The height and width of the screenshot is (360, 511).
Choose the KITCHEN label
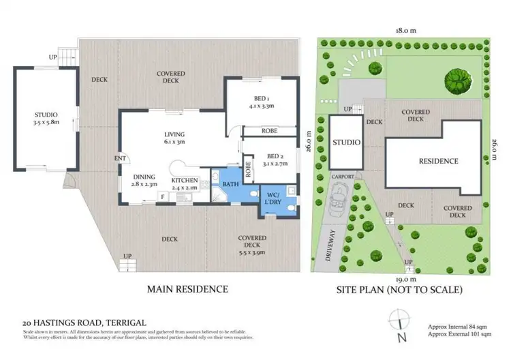click(183, 179)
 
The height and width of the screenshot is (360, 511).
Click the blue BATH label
click(230, 184)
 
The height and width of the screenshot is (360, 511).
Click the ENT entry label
click(121, 160)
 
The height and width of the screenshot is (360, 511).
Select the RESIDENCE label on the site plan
click(437, 161)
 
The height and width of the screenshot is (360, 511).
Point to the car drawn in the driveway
click(336, 201)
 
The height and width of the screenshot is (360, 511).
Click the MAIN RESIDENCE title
click(187, 289)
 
